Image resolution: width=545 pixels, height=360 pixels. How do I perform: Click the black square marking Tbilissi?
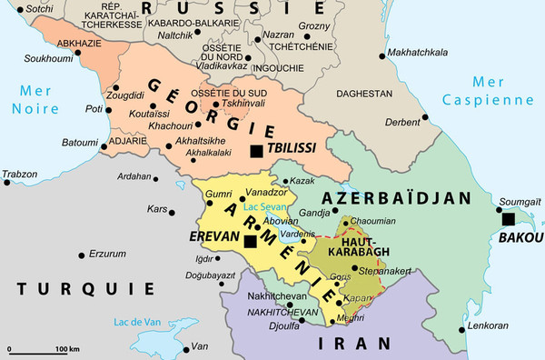click(x=258, y=151)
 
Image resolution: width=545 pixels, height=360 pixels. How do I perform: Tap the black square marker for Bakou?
click(x=509, y=219)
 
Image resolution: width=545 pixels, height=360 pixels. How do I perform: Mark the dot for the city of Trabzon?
click(x=7, y=183)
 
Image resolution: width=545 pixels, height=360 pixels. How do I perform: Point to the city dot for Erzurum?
click(x=85, y=253)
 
